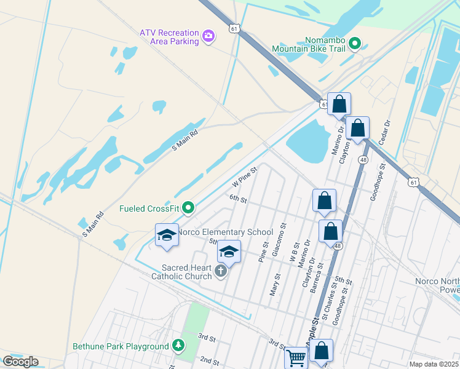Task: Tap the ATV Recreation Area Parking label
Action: coord(169,37)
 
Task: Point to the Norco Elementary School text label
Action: coord(225,232)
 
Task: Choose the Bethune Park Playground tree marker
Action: coord(178,346)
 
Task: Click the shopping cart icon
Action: coord(296,357)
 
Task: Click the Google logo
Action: coord(20,361)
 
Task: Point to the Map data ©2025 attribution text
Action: coord(434,364)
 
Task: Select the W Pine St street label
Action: coord(244,176)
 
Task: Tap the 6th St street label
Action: coord(237,199)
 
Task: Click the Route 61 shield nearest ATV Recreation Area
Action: coord(234,29)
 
